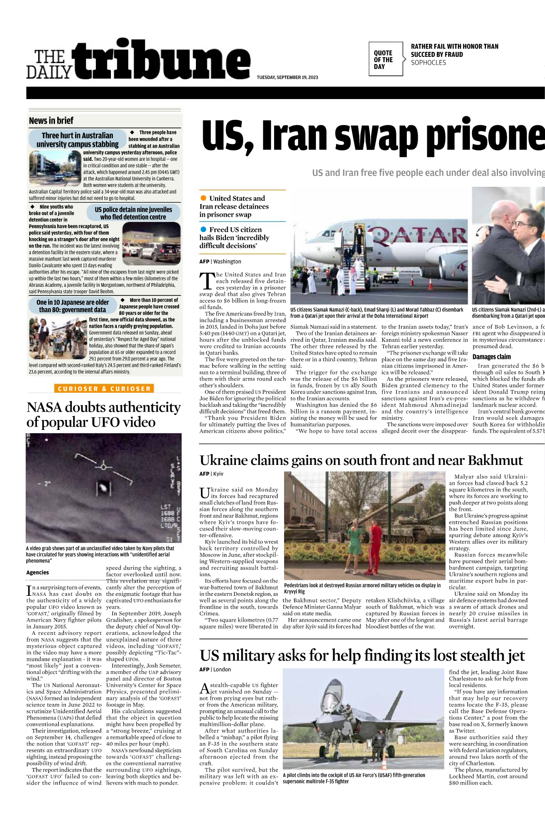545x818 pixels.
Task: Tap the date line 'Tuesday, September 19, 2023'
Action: [287, 77]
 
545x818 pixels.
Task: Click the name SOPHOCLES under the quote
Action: [428, 63]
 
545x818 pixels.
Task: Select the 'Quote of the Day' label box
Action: [385, 60]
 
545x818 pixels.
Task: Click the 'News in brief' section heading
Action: [51, 121]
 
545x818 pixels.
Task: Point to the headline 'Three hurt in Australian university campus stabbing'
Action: [77, 140]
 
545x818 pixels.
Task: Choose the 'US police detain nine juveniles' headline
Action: [133, 213]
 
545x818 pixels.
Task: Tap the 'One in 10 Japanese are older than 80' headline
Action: [73, 306]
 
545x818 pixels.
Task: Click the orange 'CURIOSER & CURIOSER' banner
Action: [104, 389]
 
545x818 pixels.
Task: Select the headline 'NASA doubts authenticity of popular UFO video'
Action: [104, 414]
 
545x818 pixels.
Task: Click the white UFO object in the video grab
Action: [103, 489]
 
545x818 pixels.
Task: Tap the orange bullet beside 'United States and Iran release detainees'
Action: [203, 198]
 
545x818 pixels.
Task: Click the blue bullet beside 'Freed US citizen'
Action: [203, 229]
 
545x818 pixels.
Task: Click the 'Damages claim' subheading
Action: [491, 357]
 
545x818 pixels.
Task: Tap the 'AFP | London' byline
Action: [215, 669]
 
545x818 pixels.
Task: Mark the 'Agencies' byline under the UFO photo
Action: [37, 573]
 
